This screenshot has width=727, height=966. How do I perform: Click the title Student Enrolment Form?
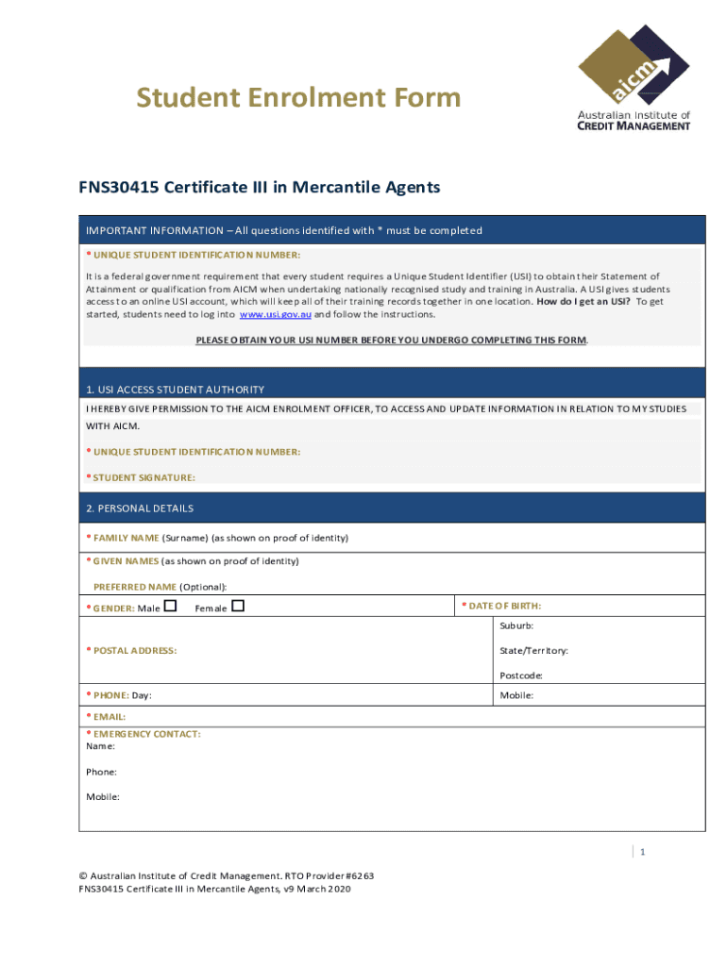point(298,97)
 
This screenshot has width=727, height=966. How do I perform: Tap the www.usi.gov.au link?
point(275,314)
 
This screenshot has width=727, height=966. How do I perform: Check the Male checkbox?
point(170,606)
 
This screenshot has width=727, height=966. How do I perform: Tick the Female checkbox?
point(238,606)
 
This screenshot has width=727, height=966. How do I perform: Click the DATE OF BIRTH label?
point(507,606)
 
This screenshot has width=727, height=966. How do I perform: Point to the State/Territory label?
point(533,651)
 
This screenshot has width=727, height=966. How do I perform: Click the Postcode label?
point(520,675)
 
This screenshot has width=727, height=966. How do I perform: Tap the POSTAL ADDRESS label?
point(134,651)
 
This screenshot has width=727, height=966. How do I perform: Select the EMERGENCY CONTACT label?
point(146,733)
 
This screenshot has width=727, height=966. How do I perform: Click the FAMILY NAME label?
point(126,538)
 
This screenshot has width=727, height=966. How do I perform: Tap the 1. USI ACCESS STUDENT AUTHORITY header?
point(175,390)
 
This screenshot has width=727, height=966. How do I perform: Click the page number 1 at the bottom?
point(642,853)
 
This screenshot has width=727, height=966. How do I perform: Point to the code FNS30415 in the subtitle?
point(119,187)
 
